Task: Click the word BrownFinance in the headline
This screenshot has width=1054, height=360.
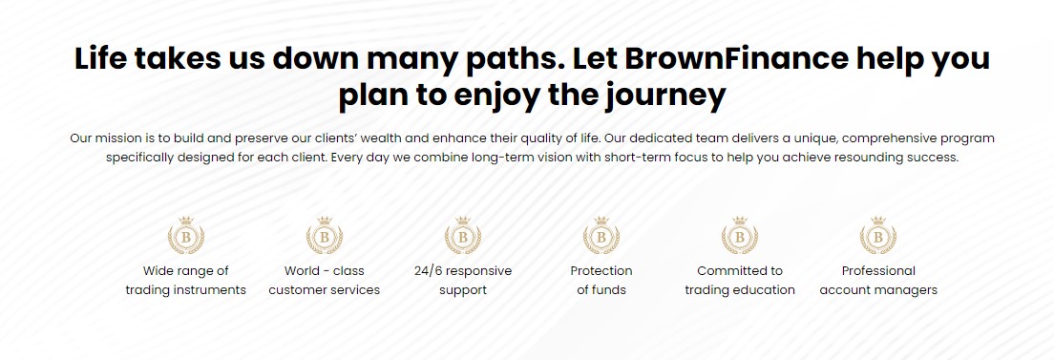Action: click(737, 58)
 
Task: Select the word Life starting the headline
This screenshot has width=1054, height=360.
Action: click(101, 58)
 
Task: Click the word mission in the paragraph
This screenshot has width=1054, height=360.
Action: click(116, 138)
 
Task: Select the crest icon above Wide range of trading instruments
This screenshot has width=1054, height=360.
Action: click(185, 236)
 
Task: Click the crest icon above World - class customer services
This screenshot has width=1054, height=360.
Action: click(324, 236)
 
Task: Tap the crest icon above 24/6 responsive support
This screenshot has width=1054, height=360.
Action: click(462, 236)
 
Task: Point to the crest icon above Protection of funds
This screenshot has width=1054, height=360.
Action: click(601, 236)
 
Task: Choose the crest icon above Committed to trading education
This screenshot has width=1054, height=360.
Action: click(739, 236)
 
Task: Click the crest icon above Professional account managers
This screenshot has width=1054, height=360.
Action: click(878, 236)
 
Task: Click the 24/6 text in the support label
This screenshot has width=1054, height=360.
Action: click(428, 271)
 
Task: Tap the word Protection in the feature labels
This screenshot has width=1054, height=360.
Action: click(601, 271)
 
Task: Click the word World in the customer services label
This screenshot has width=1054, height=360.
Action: click(301, 271)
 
